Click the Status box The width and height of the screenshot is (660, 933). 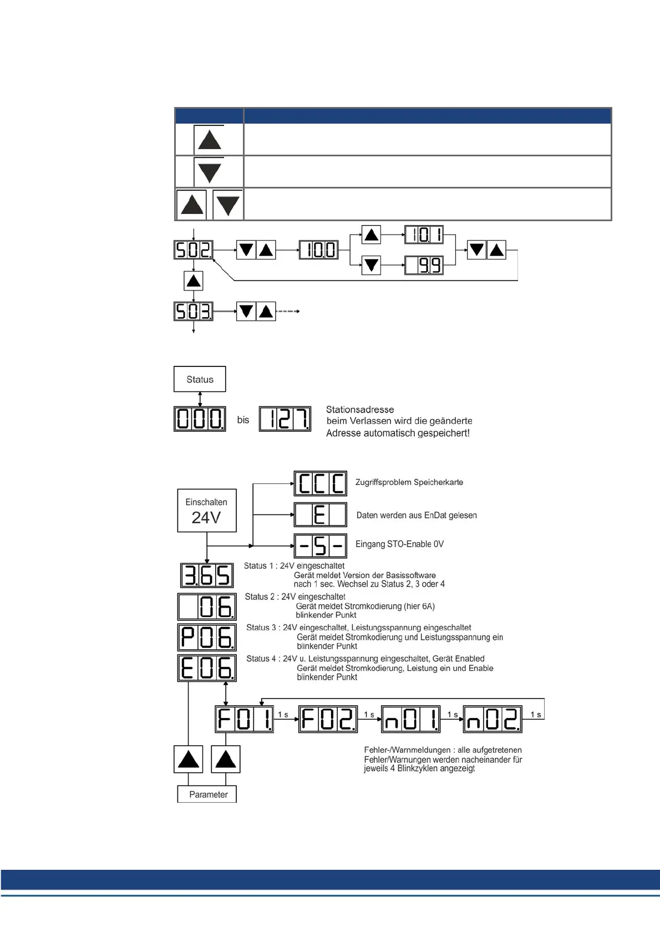200,379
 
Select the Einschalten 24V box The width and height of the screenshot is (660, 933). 206,510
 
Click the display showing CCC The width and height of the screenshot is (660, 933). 321,483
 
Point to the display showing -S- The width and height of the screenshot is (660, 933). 321,546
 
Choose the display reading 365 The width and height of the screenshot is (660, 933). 207,575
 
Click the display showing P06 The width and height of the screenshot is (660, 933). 207,638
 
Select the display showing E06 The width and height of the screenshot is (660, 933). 207,668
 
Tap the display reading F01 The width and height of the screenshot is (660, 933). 245,719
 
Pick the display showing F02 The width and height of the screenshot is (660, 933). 328,719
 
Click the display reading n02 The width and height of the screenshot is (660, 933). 493,719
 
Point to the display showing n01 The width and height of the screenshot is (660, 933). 410,719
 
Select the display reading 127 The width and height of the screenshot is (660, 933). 285,419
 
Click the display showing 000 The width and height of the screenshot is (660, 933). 200,419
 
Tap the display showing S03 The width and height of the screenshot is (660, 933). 193,311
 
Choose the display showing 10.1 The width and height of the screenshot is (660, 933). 424,234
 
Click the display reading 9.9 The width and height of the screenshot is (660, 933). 424,266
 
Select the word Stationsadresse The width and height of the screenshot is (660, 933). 360,410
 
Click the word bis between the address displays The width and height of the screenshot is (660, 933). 243,420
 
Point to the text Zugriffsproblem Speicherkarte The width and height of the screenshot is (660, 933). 409,482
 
